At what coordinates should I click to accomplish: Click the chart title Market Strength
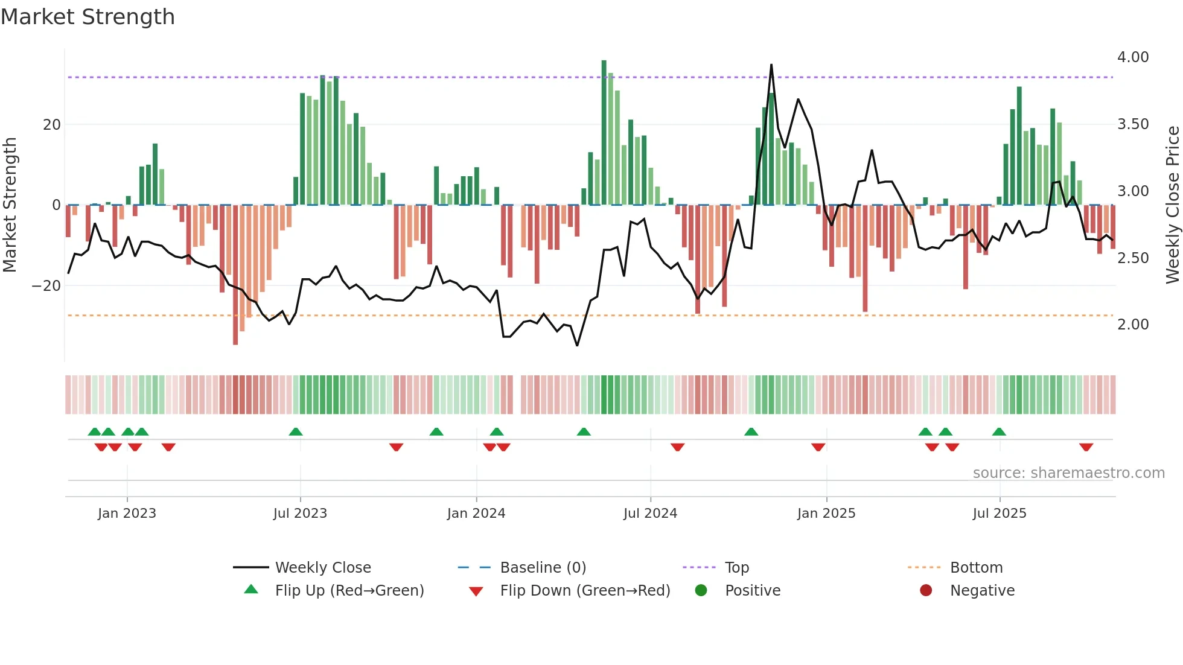click(88, 17)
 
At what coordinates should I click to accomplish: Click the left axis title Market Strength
click(10, 205)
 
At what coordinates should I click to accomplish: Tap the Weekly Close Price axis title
click(1172, 205)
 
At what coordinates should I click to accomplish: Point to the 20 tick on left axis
click(52, 125)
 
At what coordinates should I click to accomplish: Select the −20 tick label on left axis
click(46, 286)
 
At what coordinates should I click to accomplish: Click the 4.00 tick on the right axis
click(1132, 57)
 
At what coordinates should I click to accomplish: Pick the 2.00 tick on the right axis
click(1132, 325)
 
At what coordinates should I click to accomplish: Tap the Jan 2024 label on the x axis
click(476, 514)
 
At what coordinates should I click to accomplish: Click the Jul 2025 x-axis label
click(1000, 514)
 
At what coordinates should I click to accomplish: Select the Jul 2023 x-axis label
click(300, 514)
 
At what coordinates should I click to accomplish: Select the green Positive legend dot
click(701, 591)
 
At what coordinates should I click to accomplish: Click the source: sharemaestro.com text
click(1068, 473)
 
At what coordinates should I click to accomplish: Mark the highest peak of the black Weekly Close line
click(771, 65)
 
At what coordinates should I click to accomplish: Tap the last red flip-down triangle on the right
click(1086, 447)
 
